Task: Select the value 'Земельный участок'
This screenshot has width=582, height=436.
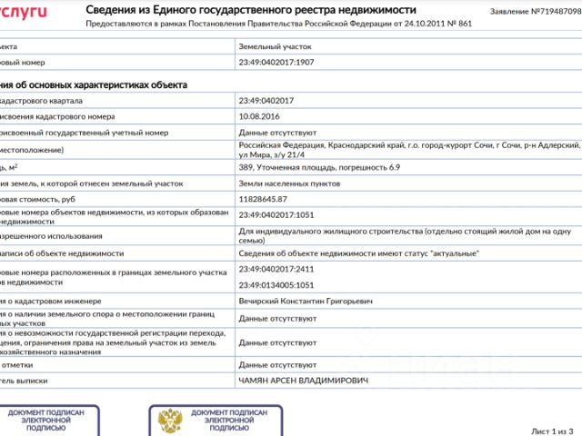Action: point(274,45)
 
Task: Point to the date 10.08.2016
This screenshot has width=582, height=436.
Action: point(260,116)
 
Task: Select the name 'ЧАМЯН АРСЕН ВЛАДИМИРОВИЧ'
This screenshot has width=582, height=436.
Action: point(304,381)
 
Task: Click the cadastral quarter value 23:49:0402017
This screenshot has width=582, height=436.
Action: point(266,100)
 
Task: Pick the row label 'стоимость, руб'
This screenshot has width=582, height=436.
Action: point(36,198)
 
